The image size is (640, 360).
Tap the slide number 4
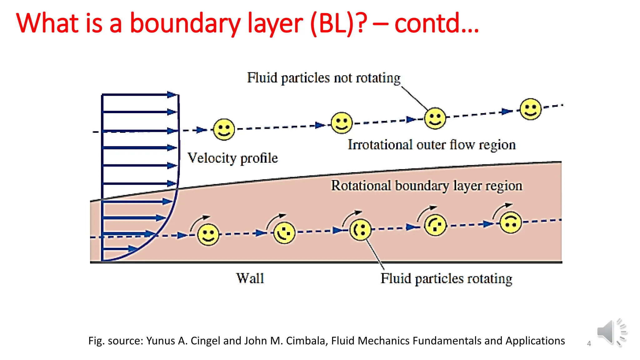click(589, 344)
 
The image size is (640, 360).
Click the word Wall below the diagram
click(250, 278)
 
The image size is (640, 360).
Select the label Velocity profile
click(232, 158)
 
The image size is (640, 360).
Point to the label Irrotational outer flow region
click(432, 145)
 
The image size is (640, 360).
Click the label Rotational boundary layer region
click(427, 186)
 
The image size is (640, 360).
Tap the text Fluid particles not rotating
click(323, 78)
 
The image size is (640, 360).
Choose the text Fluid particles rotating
click(446, 278)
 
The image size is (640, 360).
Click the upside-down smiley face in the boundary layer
click(510, 222)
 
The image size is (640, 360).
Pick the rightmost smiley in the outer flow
click(530, 109)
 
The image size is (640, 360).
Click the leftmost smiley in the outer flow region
click(224, 129)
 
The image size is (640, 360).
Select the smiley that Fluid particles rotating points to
click(360, 230)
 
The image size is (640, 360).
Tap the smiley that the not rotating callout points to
click(435, 118)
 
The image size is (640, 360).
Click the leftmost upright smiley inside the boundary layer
click(208, 235)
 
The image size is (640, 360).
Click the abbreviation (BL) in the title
click(332, 23)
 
